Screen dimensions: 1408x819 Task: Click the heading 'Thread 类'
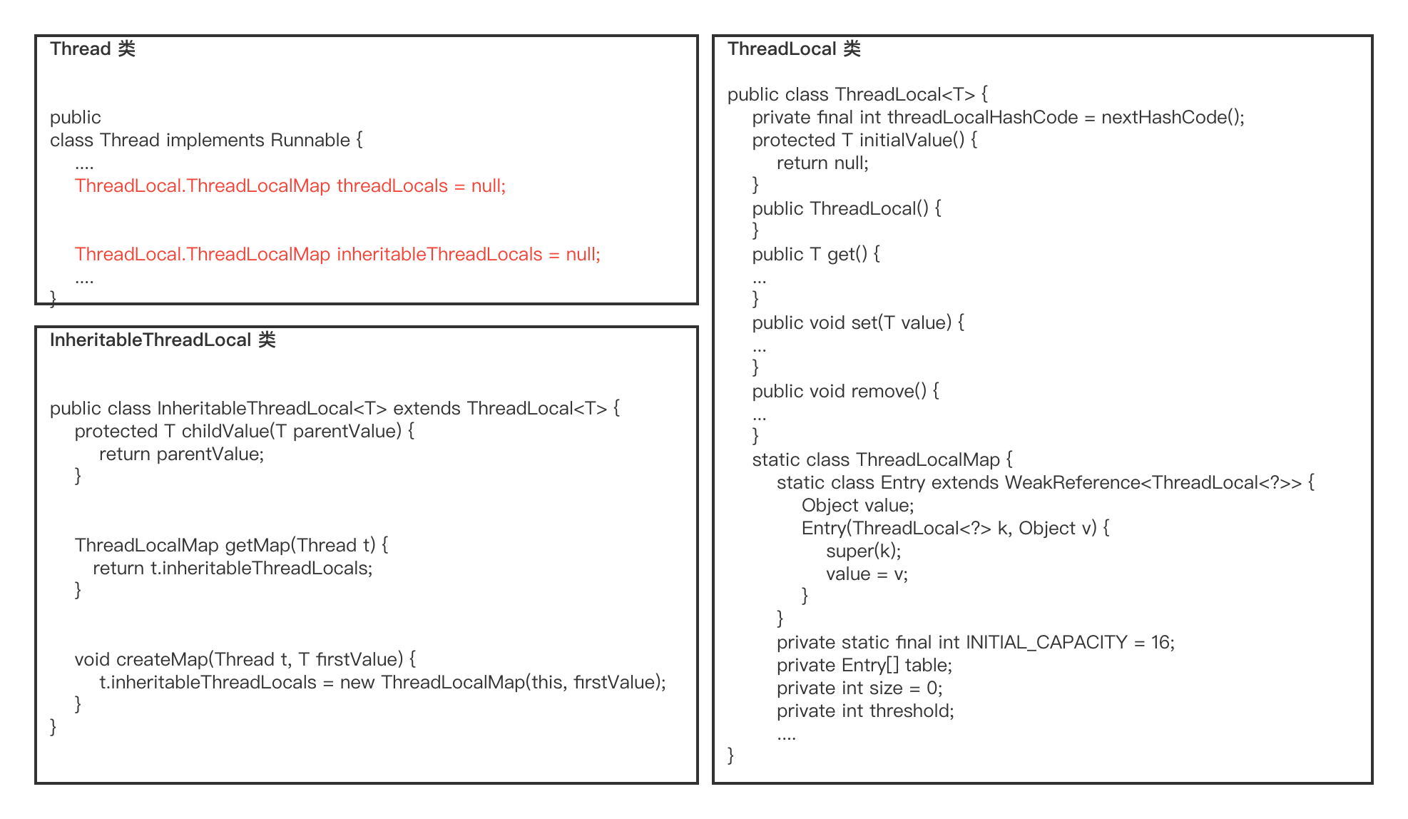coord(93,49)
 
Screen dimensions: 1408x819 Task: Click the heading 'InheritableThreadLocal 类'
coord(163,340)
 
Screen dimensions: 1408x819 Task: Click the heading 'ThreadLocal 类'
coord(794,49)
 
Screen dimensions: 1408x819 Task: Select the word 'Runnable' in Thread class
coord(310,140)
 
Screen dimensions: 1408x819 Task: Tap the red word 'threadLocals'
coord(392,185)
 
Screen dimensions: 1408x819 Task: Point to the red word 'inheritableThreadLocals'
coord(439,254)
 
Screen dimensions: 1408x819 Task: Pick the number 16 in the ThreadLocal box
coord(1160,642)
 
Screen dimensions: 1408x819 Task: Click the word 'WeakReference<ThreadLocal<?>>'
coord(1153,482)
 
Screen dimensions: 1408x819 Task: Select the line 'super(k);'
coord(864,551)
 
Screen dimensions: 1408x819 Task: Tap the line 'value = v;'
coord(867,574)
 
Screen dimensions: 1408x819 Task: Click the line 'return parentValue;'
coord(182,454)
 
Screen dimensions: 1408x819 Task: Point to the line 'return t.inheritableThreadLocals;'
coord(233,568)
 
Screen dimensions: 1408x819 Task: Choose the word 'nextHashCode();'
coord(1173,117)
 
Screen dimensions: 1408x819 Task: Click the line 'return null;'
coord(823,163)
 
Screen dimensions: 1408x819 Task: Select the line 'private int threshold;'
coord(866,711)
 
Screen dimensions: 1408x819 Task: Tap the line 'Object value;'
coord(858,505)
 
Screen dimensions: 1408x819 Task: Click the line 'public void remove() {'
coord(846,391)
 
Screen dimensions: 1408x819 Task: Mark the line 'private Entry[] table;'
coord(864,665)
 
